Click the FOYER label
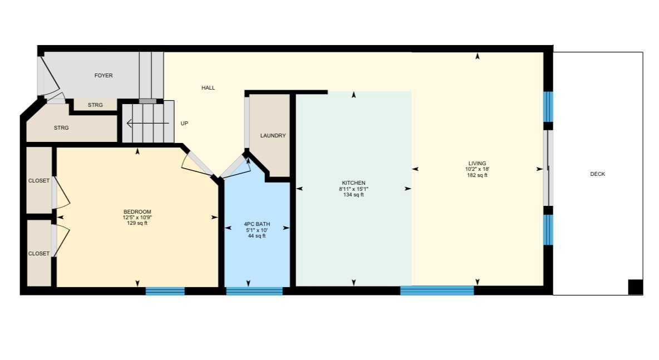pyautogui.click(x=104, y=76)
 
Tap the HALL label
pyautogui.click(x=208, y=88)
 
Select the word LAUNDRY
pyautogui.click(x=273, y=136)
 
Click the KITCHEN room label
pyautogui.click(x=353, y=183)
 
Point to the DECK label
pyautogui.click(x=598, y=174)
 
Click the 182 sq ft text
pyautogui.click(x=477, y=175)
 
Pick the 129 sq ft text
pyautogui.click(x=137, y=223)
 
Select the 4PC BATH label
pyautogui.click(x=257, y=224)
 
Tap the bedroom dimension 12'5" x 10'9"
pyautogui.click(x=137, y=218)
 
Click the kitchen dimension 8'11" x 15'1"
pyautogui.click(x=353, y=189)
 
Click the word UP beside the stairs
pyautogui.click(x=184, y=124)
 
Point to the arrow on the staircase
pyautogui.click(x=147, y=123)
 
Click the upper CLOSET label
pyautogui.click(x=39, y=181)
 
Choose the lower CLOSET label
pyautogui.click(x=39, y=254)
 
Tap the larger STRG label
pyautogui.click(x=61, y=128)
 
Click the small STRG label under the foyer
pyautogui.click(x=95, y=105)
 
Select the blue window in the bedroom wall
pyautogui.click(x=165, y=290)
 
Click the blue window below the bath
pyautogui.click(x=254, y=290)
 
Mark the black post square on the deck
pyautogui.click(x=635, y=287)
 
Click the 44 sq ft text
pyautogui.click(x=257, y=236)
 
